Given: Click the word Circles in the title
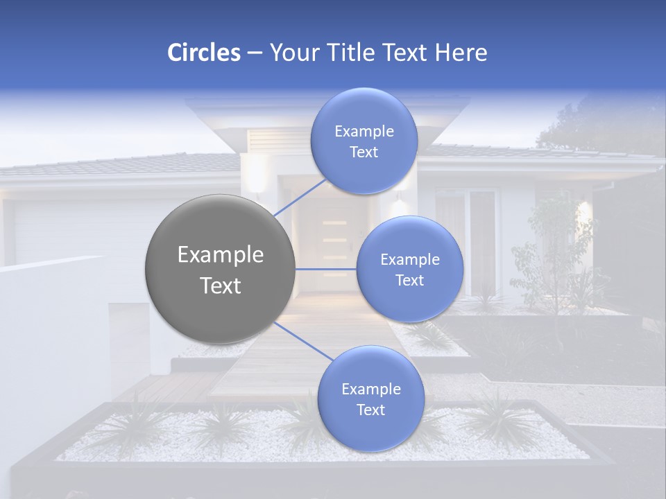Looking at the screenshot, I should pyautogui.click(x=203, y=53).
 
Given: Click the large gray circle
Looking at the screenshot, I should pyautogui.click(x=220, y=269).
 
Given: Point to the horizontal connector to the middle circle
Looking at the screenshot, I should pyautogui.click(x=325, y=269).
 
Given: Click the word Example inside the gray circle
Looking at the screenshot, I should pyautogui.click(x=220, y=255).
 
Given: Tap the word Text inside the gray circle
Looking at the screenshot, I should pyautogui.click(x=220, y=286).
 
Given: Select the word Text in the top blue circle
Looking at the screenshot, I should pyautogui.click(x=364, y=152).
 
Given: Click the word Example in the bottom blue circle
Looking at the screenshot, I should pyautogui.click(x=370, y=389).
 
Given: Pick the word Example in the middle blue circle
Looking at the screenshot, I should pyautogui.click(x=409, y=259).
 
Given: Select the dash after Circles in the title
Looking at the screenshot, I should pyautogui.click(x=254, y=53).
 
